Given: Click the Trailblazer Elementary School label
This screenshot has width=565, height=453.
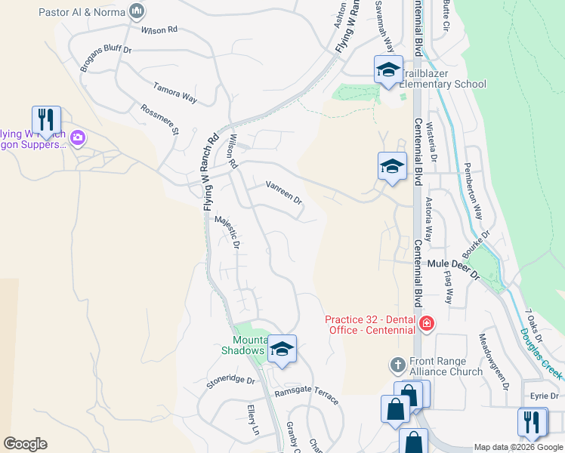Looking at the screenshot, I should coord(442,79).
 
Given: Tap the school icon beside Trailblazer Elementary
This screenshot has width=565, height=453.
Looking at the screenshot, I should coord(388,70).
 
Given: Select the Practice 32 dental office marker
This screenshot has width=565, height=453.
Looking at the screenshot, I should coord(427,325).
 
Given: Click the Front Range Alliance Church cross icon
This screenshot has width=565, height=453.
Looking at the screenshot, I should coord(398,365).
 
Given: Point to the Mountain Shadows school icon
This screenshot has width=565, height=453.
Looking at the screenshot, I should coord(282,349).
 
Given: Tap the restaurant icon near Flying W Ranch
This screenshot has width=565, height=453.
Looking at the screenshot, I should coord(46,120).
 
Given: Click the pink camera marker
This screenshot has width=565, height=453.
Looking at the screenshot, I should coord(79,138).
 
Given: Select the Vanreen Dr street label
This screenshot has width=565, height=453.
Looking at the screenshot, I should coord(284,193).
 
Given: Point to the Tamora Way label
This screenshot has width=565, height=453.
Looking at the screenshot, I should coord(175,93).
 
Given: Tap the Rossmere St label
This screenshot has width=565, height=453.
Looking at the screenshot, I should coord(159,119).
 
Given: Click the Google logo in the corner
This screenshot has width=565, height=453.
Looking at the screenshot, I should coord(25,444).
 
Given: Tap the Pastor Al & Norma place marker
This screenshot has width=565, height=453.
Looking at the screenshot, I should coord(137,11).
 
